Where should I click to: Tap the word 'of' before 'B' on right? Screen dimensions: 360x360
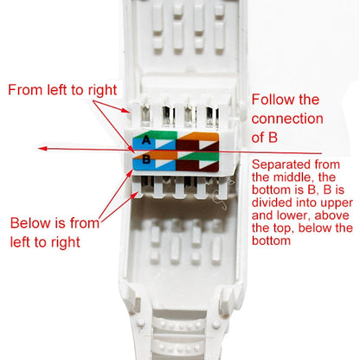tap(259, 138)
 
